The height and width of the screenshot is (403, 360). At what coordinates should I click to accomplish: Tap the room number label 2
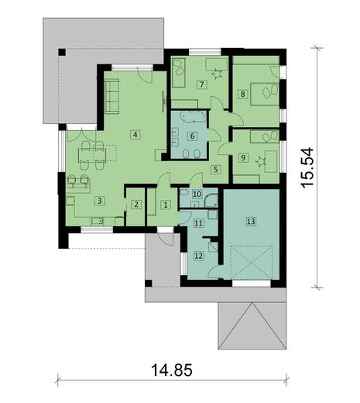136,205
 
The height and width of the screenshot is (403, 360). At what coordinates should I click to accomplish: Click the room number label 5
216,168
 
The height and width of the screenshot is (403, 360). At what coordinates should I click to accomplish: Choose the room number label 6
193,136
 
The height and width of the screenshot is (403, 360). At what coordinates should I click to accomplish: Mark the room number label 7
201,84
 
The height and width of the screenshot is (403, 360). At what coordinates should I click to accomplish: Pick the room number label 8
242,95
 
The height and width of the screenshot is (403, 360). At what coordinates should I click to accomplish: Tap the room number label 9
242,158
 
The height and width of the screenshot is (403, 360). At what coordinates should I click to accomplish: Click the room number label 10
197,194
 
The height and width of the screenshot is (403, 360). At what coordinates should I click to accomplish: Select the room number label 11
197,223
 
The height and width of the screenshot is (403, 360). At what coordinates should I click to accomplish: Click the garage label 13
250,221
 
